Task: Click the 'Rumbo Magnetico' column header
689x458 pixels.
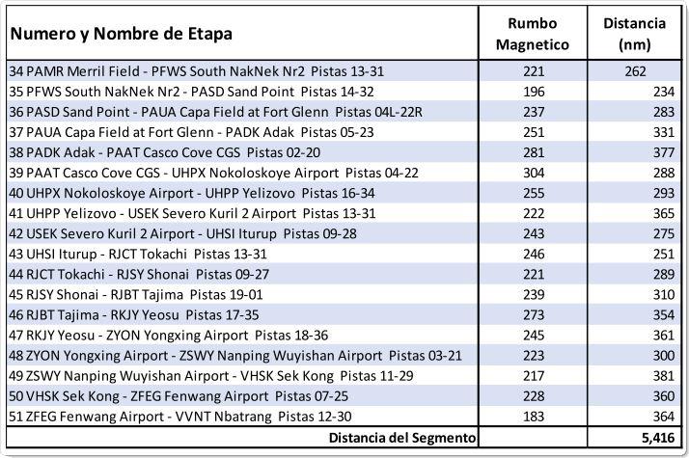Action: coord(533,34)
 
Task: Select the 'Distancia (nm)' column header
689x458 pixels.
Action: coord(635,34)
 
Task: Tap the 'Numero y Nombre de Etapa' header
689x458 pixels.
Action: coord(122,34)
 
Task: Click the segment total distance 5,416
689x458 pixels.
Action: coord(658,438)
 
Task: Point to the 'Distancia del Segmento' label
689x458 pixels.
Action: coord(402,438)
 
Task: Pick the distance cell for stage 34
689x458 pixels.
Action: coord(635,71)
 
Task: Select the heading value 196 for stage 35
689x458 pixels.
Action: coord(534,92)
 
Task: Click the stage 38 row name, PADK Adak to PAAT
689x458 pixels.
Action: coord(165,152)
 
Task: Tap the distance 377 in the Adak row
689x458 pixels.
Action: coord(664,152)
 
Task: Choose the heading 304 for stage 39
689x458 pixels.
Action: coord(534,173)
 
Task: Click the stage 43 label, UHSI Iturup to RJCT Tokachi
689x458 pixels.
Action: coord(138,254)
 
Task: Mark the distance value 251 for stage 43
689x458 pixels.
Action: coord(664,254)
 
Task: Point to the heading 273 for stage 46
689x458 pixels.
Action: coord(534,315)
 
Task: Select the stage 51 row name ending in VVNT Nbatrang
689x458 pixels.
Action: coord(180,417)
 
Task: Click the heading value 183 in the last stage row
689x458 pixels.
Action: coord(534,417)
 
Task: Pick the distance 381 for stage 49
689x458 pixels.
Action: coord(664,376)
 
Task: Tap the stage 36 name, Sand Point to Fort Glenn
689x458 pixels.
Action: coord(216,112)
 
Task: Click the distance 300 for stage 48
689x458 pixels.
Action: coord(664,355)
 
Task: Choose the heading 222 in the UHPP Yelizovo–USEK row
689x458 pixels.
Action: coord(534,213)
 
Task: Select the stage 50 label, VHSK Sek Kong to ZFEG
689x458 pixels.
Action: coord(179,396)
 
